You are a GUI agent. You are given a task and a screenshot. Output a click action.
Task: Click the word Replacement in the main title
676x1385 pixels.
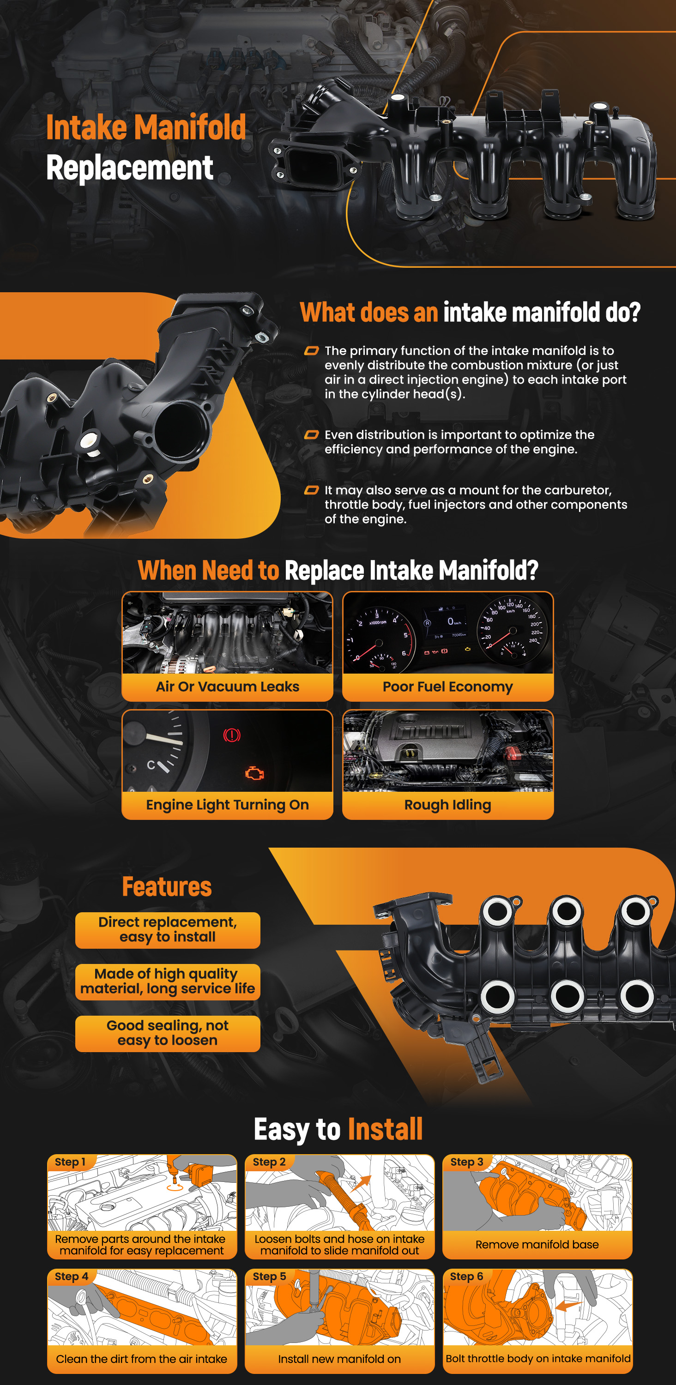(x=130, y=168)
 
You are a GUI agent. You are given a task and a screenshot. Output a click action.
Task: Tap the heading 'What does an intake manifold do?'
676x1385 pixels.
(x=470, y=313)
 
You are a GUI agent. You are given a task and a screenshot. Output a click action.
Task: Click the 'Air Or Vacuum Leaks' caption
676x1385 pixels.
(x=228, y=686)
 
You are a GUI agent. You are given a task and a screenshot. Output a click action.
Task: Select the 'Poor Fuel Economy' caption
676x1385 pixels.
(x=447, y=686)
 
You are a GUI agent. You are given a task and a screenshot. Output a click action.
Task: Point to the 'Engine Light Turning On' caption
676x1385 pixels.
(x=228, y=805)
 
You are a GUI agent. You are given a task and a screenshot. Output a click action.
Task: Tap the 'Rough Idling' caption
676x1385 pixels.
(x=447, y=805)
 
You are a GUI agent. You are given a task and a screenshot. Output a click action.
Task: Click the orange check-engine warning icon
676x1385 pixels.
(x=254, y=773)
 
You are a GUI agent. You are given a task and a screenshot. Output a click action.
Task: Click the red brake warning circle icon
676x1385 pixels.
(x=232, y=735)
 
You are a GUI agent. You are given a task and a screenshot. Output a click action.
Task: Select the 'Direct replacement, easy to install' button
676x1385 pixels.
(x=168, y=930)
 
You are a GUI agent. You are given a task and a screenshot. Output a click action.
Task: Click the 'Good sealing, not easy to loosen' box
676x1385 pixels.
(x=168, y=1033)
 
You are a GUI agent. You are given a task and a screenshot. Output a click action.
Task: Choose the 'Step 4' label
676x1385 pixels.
(x=72, y=1276)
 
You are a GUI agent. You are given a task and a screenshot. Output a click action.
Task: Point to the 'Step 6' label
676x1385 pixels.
(x=466, y=1276)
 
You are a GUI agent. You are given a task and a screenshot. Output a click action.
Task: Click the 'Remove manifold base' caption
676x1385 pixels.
(x=537, y=1244)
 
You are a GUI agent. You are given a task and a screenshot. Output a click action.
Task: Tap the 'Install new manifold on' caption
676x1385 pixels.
(x=339, y=1359)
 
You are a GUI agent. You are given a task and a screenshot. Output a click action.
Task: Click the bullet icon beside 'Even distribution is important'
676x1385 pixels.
(x=311, y=435)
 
